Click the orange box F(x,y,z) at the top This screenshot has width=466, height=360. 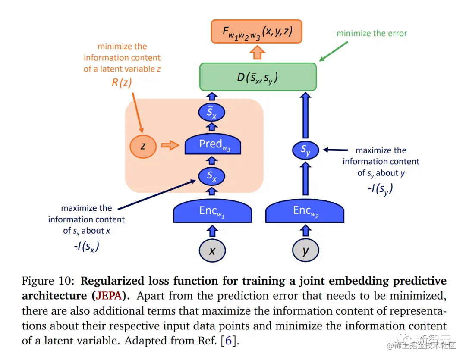pos(256,31)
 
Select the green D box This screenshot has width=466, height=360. pos(258,77)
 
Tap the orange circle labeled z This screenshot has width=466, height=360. pos(143,146)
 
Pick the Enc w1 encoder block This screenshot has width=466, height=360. pos(212,212)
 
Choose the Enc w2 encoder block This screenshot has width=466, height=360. pos(305,212)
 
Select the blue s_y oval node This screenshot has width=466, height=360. pos(305,150)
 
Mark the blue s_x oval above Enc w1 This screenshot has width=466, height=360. pos(212,176)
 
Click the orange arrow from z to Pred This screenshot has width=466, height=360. pos(170,146)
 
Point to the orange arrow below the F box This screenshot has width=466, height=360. pos(258,53)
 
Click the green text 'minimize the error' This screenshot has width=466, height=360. pos(372,33)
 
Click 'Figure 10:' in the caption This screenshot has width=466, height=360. pos(48,282)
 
